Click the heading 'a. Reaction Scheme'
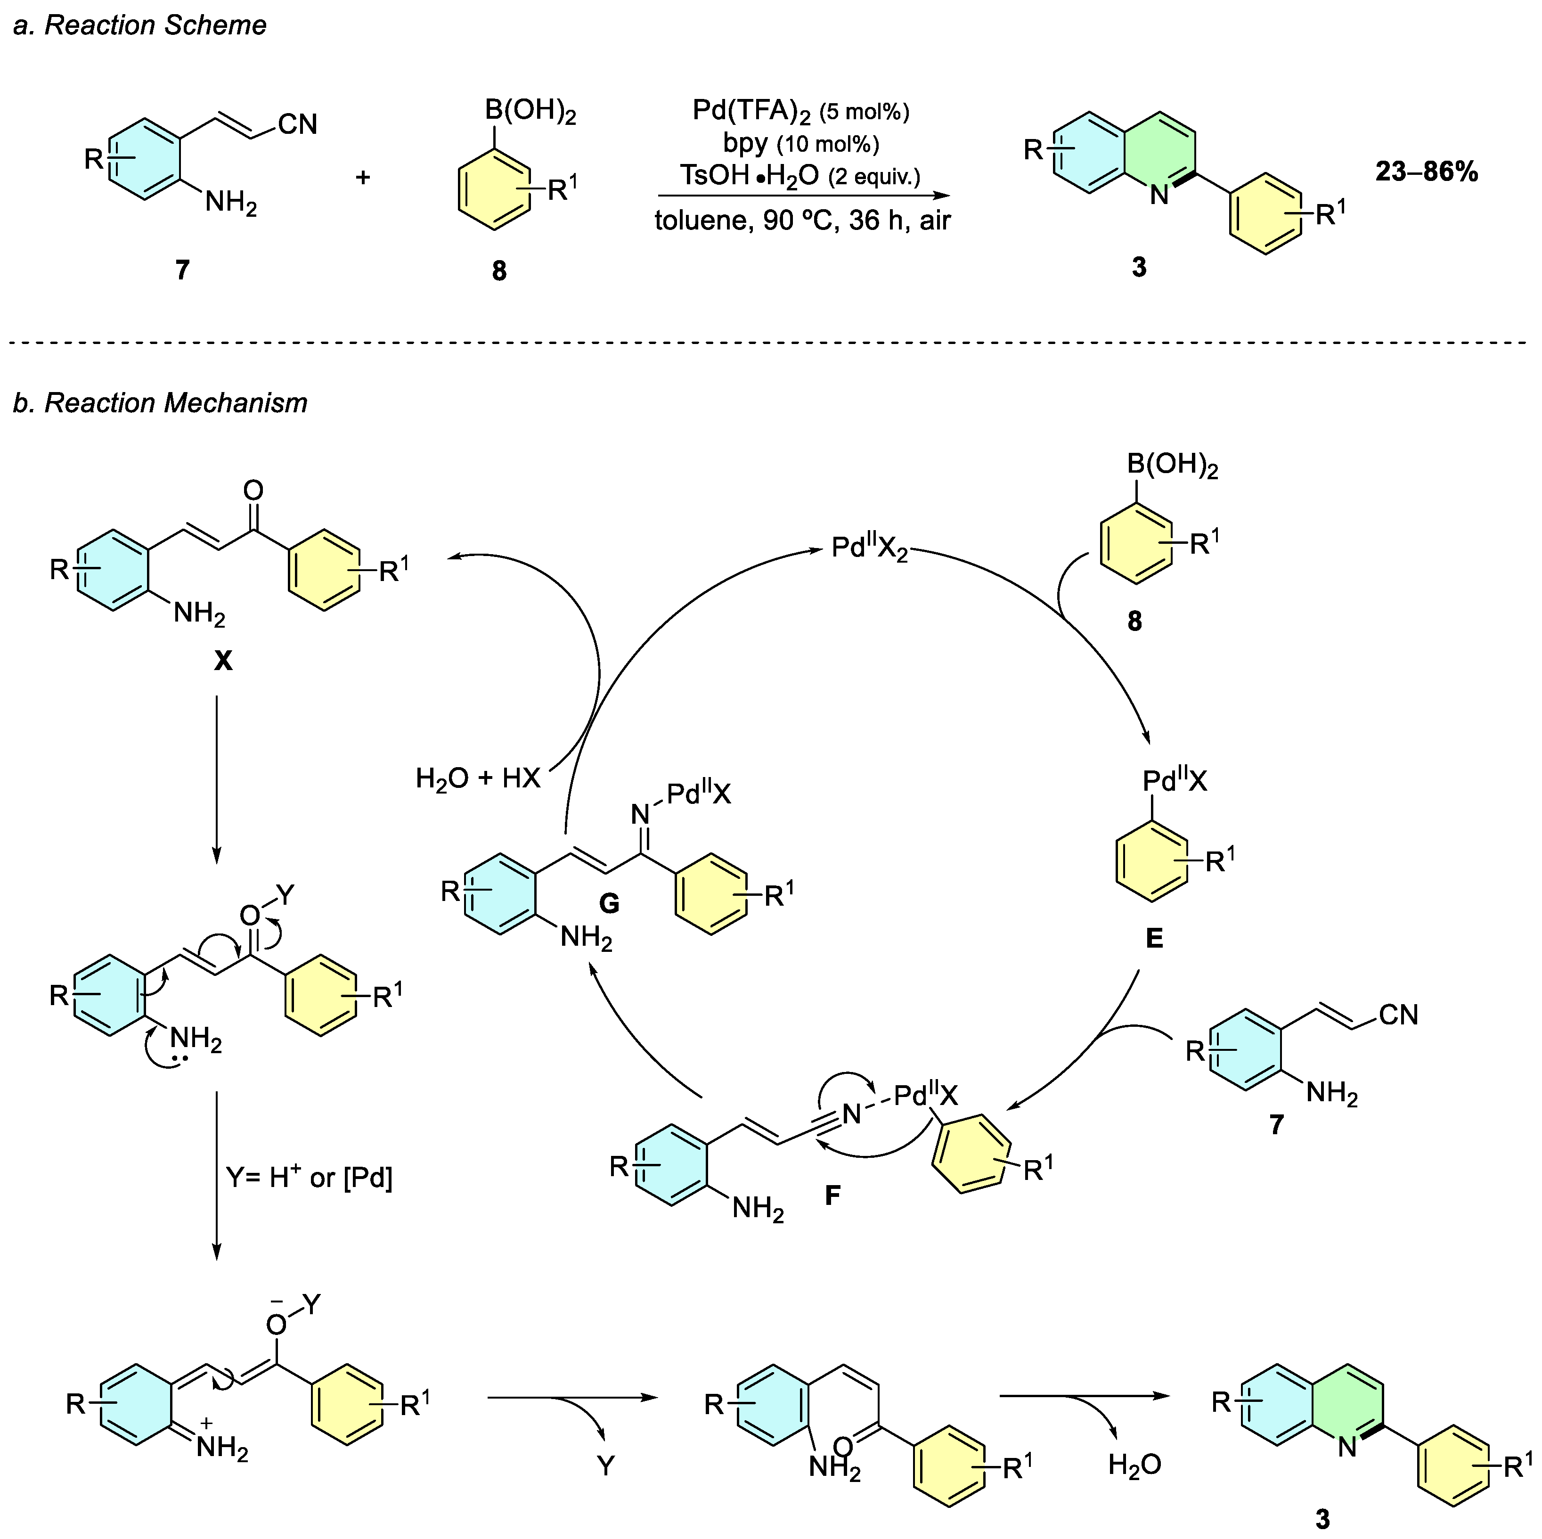point(139,25)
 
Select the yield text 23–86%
point(1426,172)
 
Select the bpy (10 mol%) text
point(800,144)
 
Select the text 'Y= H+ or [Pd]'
point(310,1178)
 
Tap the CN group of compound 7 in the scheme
point(298,124)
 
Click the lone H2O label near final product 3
point(1134,1465)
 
